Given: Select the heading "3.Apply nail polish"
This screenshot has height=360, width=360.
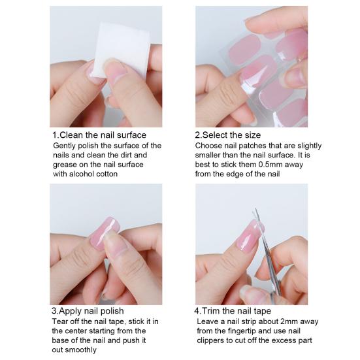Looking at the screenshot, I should coord(88,310).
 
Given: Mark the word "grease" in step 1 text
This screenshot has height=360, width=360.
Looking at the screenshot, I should coord(65,165).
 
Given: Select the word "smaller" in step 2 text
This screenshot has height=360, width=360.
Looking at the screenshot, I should coord(210,155).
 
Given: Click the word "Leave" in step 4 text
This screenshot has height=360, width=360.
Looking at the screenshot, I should coord(208,321).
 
